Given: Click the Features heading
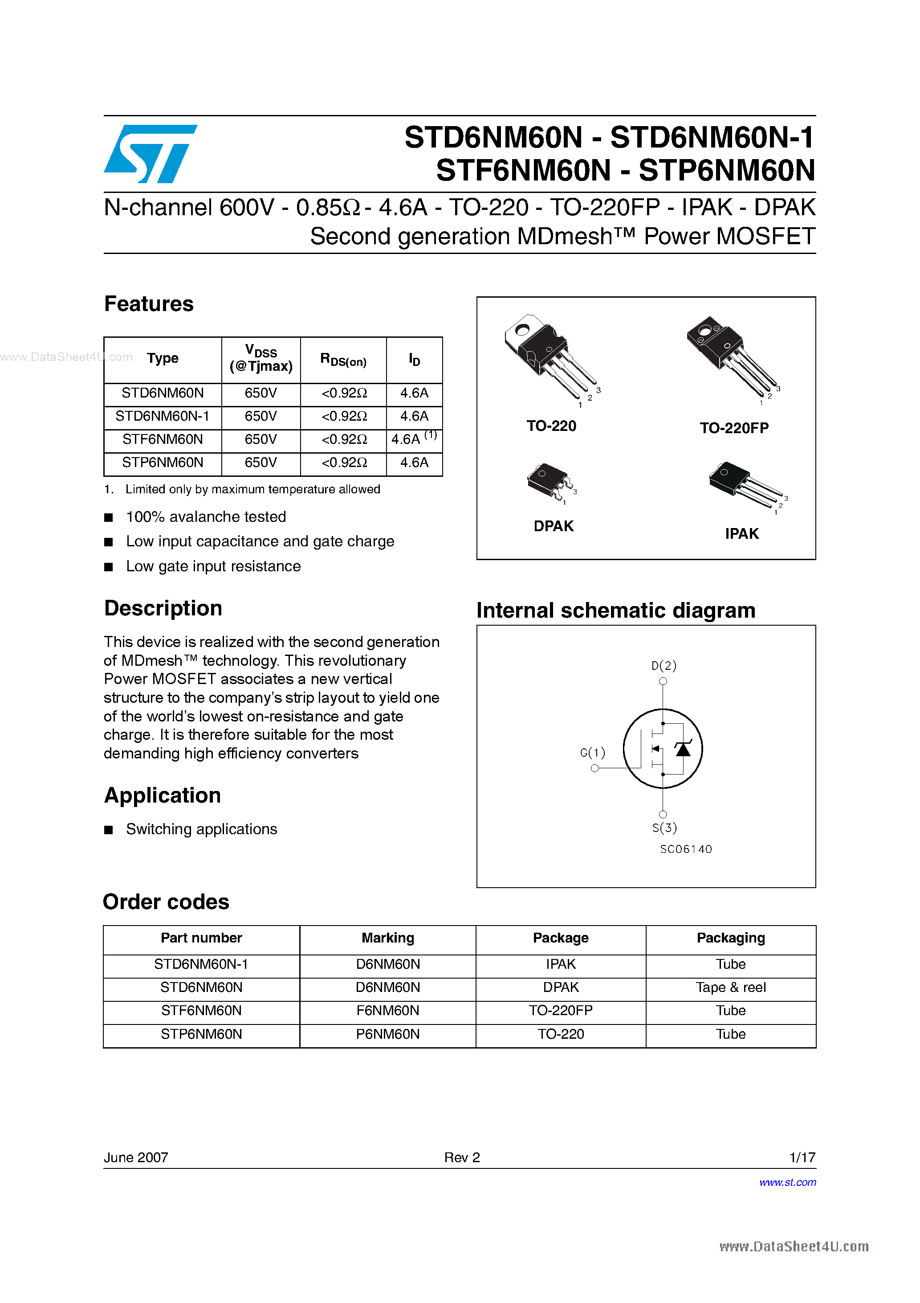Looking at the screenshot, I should [x=149, y=304].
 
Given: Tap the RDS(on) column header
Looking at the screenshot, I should [x=343, y=360].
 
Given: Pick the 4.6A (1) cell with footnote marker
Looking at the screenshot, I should [x=414, y=438].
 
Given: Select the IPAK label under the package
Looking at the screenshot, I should [x=741, y=534].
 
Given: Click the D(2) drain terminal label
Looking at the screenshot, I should [x=664, y=666].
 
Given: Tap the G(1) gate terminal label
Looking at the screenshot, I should [x=593, y=753].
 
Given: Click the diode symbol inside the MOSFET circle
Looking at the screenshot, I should [x=683, y=749].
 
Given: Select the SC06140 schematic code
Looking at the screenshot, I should [x=686, y=849].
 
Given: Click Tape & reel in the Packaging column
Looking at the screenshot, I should [x=731, y=987].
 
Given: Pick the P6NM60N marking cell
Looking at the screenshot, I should [x=387, y=1034].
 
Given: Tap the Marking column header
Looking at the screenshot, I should [x=387, y=938].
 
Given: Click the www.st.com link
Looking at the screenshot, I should [x=787, y=1182].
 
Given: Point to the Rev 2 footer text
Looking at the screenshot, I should [x=462, y=1157].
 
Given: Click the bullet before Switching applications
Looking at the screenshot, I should [x=109, y=830].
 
